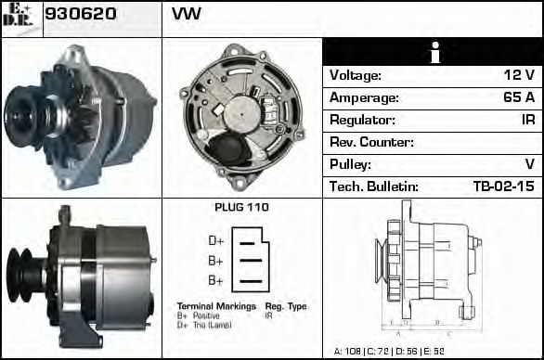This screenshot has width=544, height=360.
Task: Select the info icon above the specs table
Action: coord(433,53)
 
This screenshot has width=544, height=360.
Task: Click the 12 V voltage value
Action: coord(519,75)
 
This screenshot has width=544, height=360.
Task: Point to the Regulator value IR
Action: coord(527,120)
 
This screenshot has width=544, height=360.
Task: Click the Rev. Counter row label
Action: coord(371,142)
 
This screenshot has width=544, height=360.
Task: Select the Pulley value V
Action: coord(529,164)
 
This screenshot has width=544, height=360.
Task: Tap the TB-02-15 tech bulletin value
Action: coord(503,186)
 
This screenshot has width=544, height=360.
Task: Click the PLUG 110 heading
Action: coord(241,208)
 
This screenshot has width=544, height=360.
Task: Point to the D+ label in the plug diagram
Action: coord(215,241)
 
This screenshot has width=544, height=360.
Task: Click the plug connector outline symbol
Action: coord(250,260)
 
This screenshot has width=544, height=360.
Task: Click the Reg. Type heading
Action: coord(286,306)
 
